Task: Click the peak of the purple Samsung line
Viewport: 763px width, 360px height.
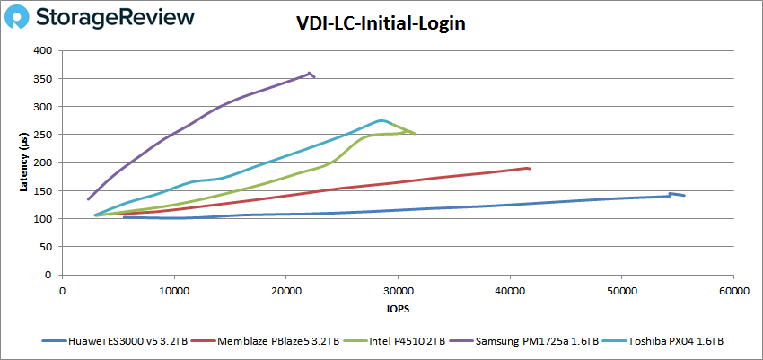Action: (x=310, y=74)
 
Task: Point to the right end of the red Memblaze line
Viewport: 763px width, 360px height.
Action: (x=530, y=168)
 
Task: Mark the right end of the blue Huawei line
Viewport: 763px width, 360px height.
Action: (x=684, y=195)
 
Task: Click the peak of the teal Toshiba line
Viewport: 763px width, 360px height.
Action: (x=382, y=120)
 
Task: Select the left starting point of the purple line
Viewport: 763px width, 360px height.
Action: (x=88, y=199)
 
